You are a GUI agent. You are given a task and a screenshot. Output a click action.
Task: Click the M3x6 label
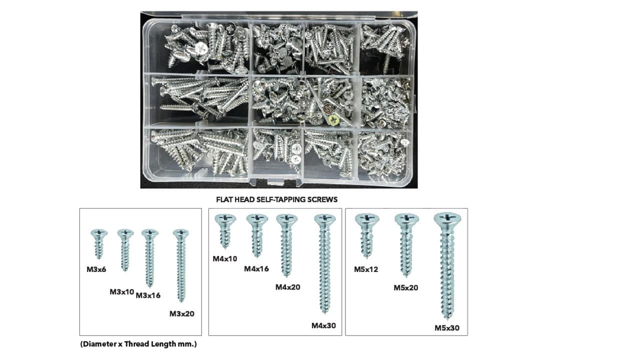coord(96,269)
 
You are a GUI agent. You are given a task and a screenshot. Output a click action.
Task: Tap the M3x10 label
coord(121,292)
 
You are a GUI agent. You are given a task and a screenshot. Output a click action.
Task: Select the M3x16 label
coord(148,295)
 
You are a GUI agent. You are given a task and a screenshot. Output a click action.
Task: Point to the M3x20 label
coord(181,313)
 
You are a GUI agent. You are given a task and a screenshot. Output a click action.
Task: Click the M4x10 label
coord(225,259)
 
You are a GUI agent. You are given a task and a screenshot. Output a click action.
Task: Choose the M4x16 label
coord(256,269)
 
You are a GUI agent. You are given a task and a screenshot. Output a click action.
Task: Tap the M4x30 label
coord(323,325)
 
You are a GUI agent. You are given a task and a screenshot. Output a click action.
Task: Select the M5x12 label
coord(366,269)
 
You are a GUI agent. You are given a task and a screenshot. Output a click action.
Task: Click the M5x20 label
coord(405,287)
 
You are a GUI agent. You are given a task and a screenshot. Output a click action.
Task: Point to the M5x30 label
coord(447,328)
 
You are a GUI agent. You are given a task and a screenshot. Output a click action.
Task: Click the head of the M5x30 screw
coord(447,218)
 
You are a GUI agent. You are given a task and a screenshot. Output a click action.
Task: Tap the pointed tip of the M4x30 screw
coord(324,313)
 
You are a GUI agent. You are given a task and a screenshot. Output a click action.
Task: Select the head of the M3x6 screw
coord(99,233)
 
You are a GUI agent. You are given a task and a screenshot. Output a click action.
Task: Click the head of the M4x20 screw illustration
coord(286,219)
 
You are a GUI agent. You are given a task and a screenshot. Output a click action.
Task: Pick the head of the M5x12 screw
coord(367,219)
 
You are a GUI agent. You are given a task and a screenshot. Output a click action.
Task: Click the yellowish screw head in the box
coord(334,118)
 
